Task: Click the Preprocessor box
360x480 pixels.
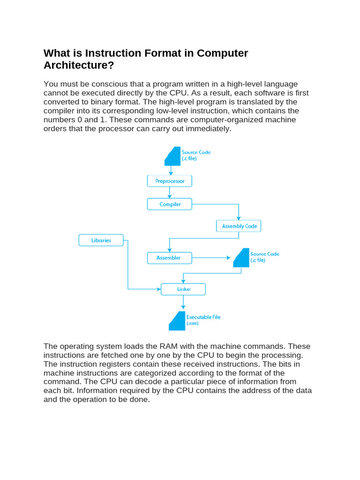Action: [x=170, y=181]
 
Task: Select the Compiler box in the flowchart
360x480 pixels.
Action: [x=170, y=204]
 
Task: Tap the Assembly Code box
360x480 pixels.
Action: [x=239, y=226]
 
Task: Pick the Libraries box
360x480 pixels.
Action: [x=101, y=240]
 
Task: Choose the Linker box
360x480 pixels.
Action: [x=183, y=289]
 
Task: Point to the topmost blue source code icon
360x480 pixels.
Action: [x=172, y=156]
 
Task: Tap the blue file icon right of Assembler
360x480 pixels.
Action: [x=241, y=258]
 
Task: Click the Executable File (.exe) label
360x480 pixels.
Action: [x=203, y=320]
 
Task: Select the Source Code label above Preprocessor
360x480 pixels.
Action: [x=196, y=155]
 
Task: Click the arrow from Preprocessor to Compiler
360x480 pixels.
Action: [x=170, y=193]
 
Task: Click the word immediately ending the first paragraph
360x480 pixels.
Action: [x=210, y=128]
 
